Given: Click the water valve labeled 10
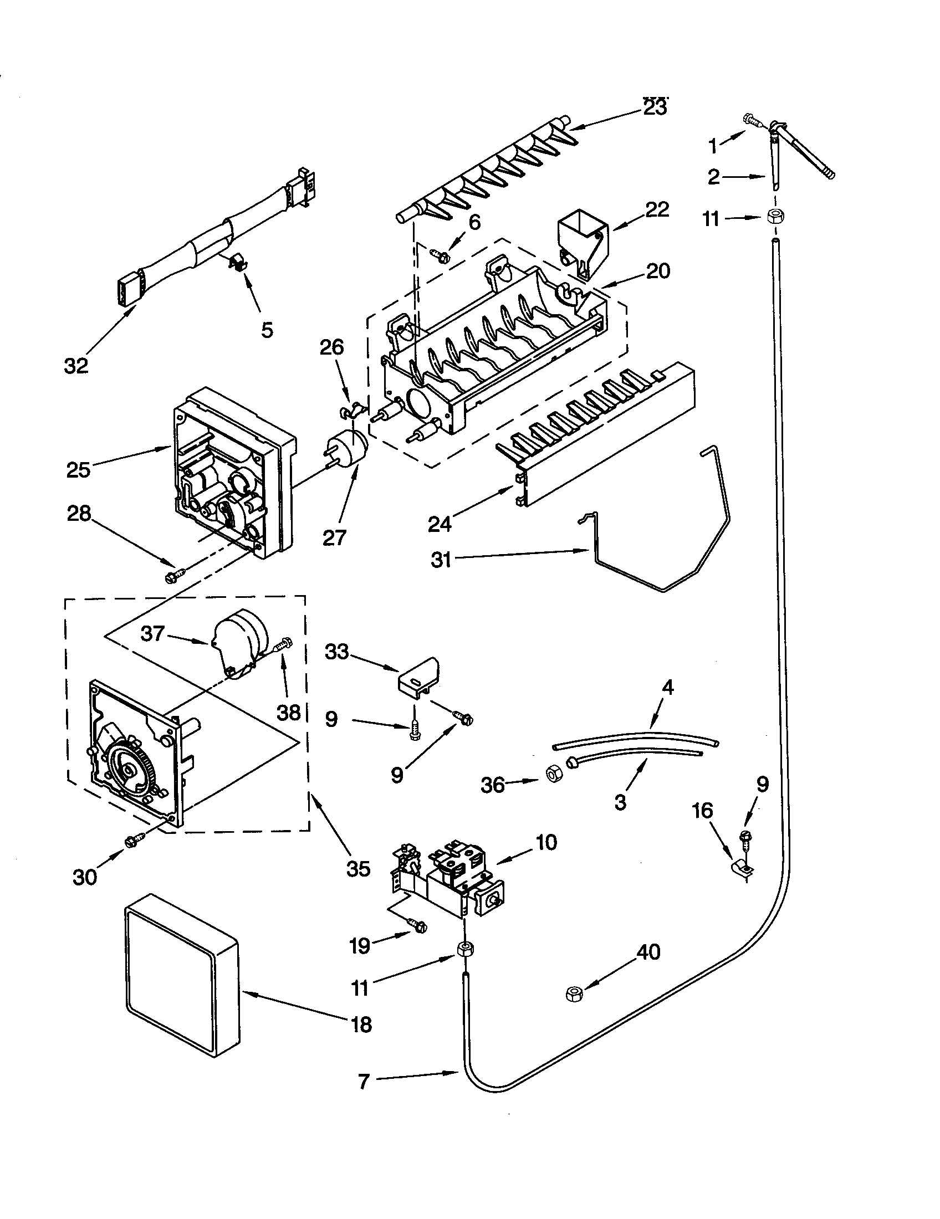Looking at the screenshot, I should (452, 882).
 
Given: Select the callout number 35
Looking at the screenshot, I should (358, 868).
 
